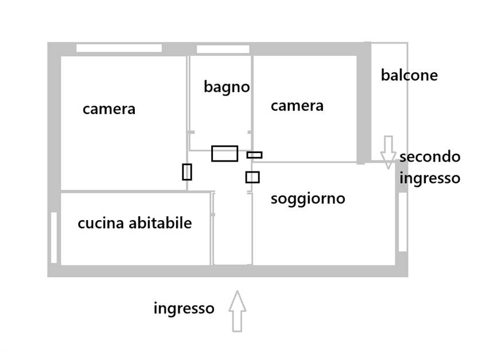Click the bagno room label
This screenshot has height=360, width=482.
(227, 87)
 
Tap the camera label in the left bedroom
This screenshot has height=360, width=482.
(109, 109)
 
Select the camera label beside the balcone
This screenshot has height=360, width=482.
(297, 106)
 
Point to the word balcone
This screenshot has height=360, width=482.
(409, 75)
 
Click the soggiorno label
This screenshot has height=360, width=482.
(308, 199)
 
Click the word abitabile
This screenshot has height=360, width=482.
(160, 223)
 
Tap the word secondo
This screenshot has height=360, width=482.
(430, 156)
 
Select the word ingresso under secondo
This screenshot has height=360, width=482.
(430, 178)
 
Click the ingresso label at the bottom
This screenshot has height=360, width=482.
(184, 308)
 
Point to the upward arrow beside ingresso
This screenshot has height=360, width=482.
(237, 311)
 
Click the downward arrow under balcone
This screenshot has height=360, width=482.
(388, 151)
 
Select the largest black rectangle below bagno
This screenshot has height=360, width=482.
(224, 153)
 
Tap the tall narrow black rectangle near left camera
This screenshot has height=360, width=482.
(186, 171)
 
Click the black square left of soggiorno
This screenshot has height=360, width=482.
(252, 177)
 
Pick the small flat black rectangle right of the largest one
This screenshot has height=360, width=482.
(254, 155)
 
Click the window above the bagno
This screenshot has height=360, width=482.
(223, 49)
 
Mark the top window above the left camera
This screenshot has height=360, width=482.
(119, 48)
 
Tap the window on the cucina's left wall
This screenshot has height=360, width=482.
(54, 237)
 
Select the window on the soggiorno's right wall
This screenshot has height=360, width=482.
(403, 221)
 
